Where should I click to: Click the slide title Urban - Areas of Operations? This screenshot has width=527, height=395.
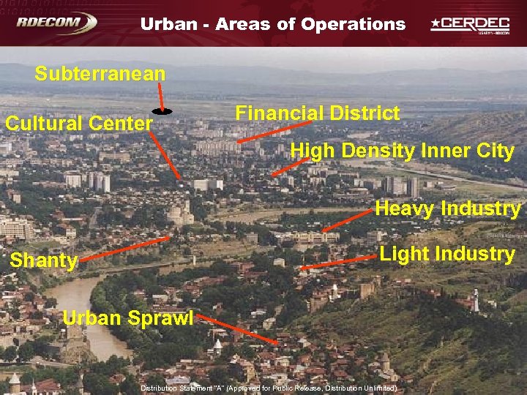point(272,24)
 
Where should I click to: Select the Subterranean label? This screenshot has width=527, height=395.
point(100,74)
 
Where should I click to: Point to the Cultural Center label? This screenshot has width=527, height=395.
point(78,123)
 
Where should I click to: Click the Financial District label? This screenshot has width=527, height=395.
point(317,113)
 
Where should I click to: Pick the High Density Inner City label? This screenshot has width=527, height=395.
point(403,151)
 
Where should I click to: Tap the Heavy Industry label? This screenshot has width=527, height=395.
point(447,208)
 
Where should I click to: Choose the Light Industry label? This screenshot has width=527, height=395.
point(446,255)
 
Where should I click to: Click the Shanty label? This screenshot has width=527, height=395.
point(44,261)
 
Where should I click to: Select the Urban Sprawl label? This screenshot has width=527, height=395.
point(128,318)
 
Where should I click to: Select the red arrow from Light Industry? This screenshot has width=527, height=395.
point(337,263)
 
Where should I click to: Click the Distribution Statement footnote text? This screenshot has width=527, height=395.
point(269,388)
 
